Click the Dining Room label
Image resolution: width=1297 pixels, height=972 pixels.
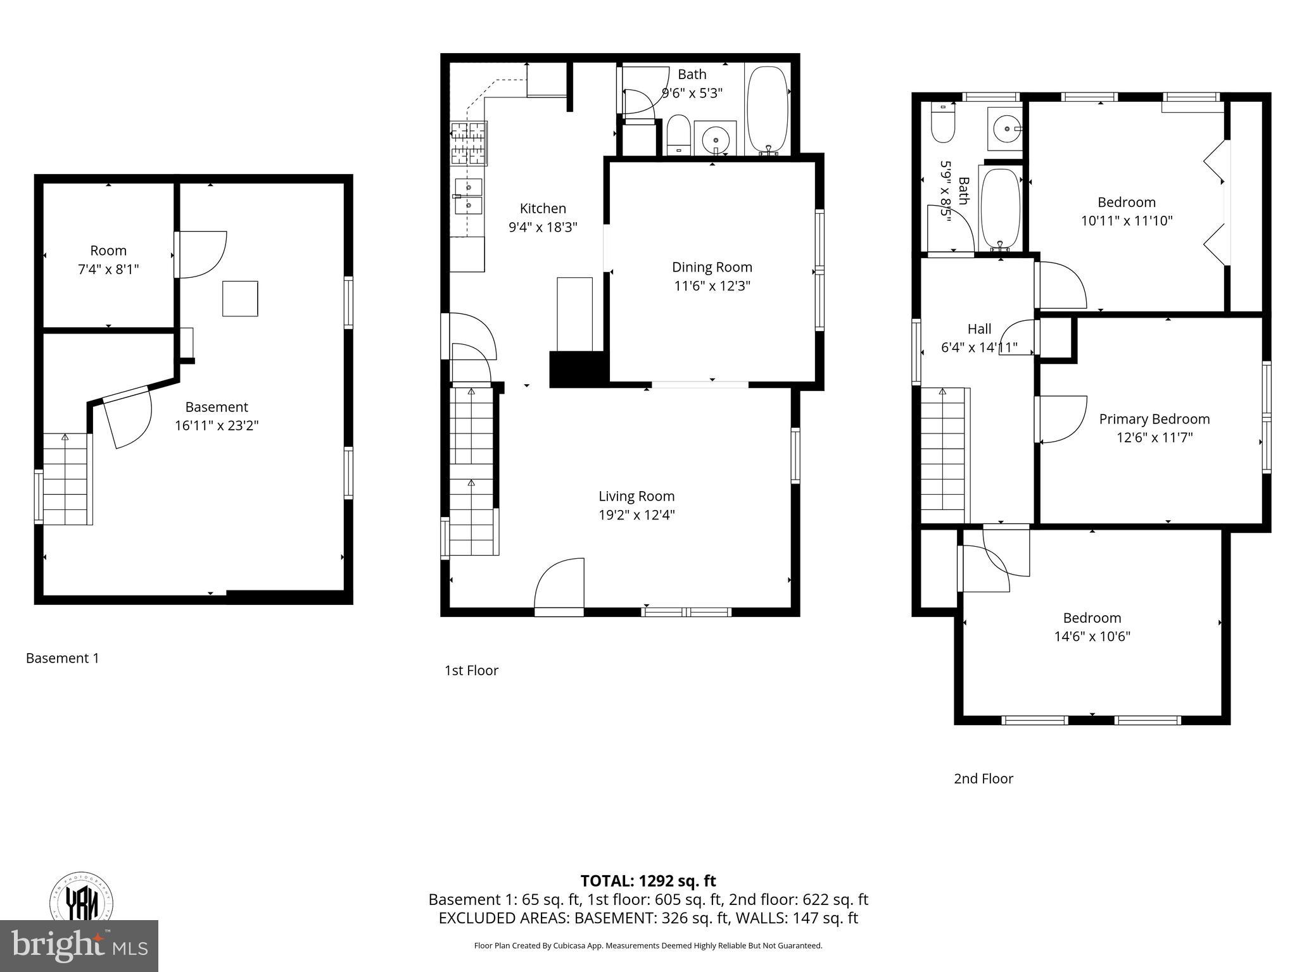coord(712,267)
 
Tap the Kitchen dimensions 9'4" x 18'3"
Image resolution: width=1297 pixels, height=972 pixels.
coord(543,227)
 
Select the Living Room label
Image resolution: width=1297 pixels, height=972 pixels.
coord(636,496)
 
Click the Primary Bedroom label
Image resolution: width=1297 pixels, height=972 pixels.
coord(1154,419)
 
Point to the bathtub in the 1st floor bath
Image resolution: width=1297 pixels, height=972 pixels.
coord(768,109)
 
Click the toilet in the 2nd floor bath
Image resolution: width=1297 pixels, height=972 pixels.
coord(942,125)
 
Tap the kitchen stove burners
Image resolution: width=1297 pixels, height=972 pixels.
coord(468,143)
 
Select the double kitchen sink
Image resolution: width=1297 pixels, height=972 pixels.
coord(467,197)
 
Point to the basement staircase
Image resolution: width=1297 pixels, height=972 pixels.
coord(65,479)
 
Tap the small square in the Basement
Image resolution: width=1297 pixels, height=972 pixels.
coord(240,299)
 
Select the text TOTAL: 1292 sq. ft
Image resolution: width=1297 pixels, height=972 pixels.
coord(648,881)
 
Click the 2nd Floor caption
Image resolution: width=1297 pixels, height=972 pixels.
coord(983,778)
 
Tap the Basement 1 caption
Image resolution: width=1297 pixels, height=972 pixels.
coord(62,658)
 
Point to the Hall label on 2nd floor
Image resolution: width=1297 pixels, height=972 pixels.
coord(979,329)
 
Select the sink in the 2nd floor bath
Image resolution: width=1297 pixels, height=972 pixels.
coord(1005,129)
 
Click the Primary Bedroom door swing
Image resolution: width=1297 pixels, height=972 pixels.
coord(1061,419)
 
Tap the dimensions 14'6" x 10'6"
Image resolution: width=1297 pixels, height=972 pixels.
coord(1092,636)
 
